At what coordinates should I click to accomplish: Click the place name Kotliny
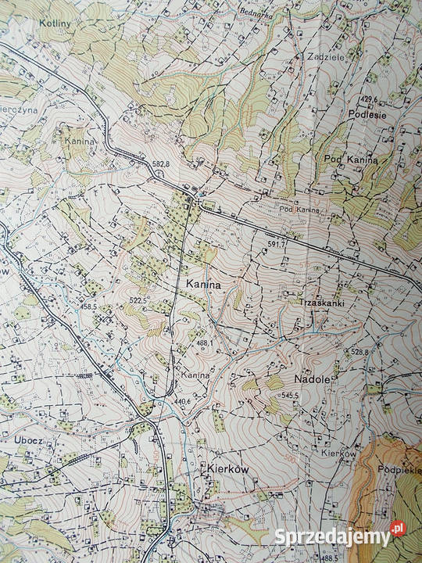click(x=55, y=24)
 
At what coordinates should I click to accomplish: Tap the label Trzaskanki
click(x=321, y=301)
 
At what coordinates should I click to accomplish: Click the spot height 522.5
click(x=138, y=300)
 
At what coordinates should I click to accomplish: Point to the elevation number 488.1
click(x=203, y=342)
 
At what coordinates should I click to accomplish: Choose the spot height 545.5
click(x=290, y=396)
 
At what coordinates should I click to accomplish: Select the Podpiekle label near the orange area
click(x=399, y=471)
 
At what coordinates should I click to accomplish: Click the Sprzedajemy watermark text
click(x=332, y=536)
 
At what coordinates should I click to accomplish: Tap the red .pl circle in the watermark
click(x=398, y=529)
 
